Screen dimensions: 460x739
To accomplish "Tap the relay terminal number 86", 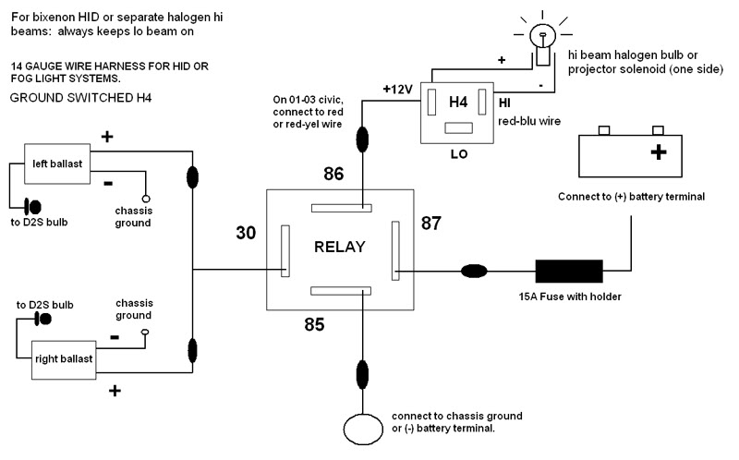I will click(333, 173).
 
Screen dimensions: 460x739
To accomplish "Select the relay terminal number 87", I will click(431, 223).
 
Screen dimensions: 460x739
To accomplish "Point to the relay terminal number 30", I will click(246, 234).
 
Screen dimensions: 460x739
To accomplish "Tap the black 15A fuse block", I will click(569, 271).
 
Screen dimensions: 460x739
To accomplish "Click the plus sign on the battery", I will click(659, 152).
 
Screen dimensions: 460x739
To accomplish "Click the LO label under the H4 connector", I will click(456, 154).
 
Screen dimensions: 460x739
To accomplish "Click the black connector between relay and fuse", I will click(475, 271).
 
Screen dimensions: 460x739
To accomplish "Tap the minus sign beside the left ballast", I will click(108, 182).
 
